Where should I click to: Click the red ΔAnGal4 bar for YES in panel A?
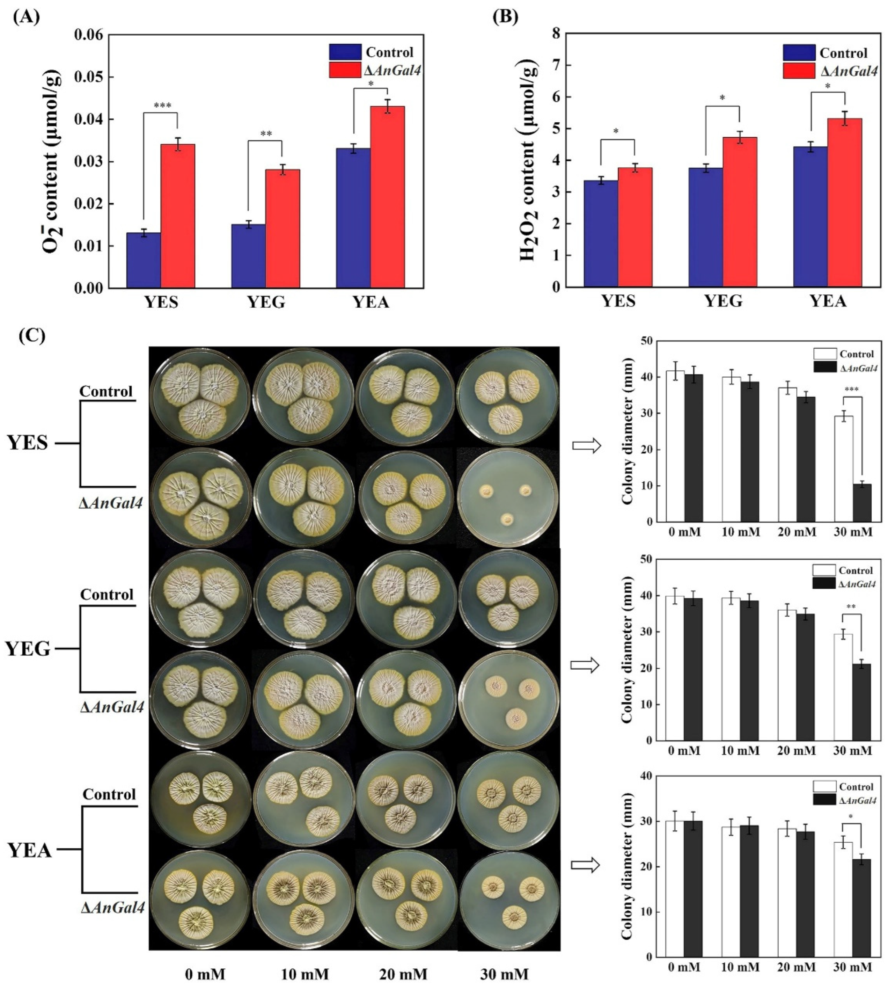pyautogui.click(x=178, y=216)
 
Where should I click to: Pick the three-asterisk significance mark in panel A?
pyautogui.click(x=162, y=105)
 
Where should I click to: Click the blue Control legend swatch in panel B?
pyautogui.click(x=799, y=52)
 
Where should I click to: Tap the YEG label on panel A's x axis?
pyautogui.click(x=266, y=301)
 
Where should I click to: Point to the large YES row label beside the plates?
pyautogui.click(x=28, y=443)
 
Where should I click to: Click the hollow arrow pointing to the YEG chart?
pyautogui.click(x=585, y=665)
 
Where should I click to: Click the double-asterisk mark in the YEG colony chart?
pyautogui.click(x=851, y=607)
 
